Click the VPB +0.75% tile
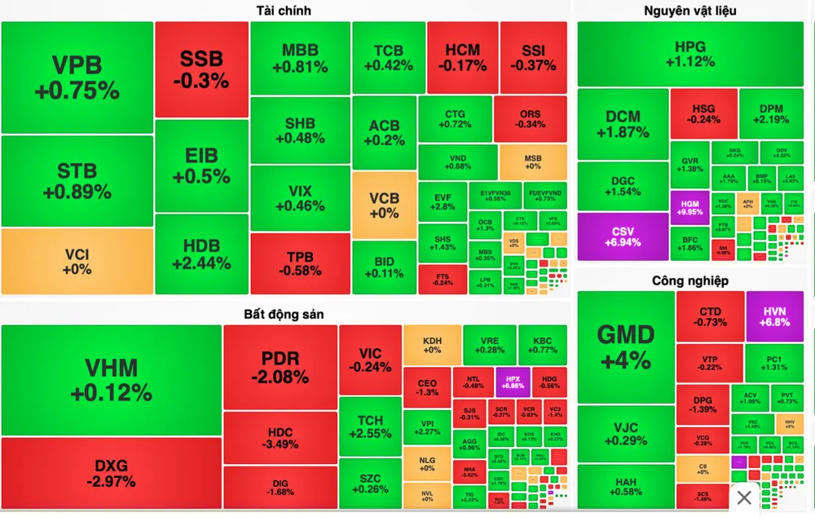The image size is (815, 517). click(77, 77)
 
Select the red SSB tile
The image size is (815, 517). click(201, 69)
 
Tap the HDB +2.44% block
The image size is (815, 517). click(201, 254)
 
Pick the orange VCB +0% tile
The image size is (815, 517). click(384, 205)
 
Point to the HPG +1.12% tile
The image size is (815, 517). click(689, 54)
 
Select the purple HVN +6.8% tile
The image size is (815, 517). click(774, 316)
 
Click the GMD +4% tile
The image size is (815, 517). click(625, 346)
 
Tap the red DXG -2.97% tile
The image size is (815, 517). click(111, 473)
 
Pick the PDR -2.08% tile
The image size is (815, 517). click(280, 367)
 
